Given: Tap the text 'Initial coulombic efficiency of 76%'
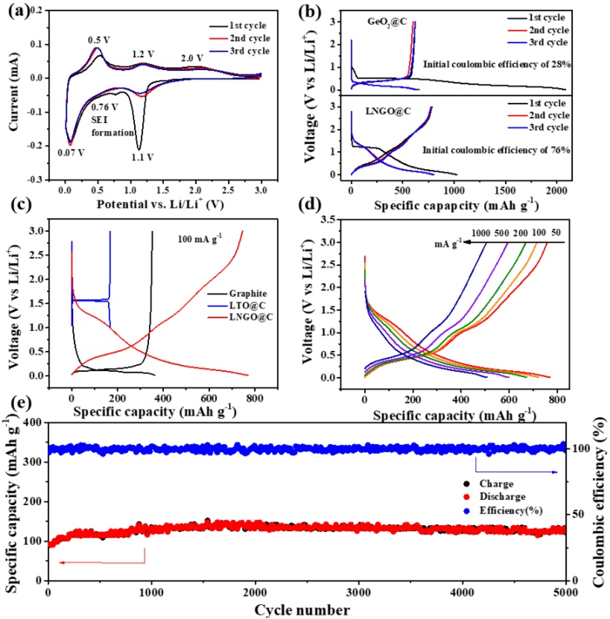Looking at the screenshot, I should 497,150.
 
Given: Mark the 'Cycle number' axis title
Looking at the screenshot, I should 306,609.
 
